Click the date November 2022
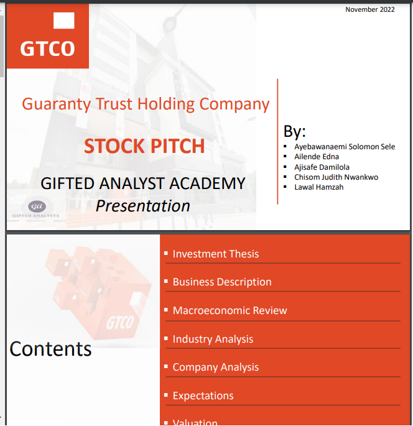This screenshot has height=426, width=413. pos(370,9)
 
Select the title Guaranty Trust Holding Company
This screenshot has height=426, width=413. pos(146,104)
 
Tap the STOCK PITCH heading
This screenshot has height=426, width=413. pos(144,146)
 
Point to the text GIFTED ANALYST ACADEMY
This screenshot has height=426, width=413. pos(143,183)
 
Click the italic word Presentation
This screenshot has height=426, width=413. pos(143,205)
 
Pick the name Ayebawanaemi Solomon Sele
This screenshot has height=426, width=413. pos(345,147)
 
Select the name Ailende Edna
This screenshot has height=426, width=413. pos(317,157)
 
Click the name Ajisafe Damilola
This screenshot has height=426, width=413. pos(322,167)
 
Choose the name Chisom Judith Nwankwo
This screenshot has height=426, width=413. pos(336,177)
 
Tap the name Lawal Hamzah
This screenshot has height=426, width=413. pos(318,187)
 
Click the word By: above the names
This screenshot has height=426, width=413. pos(295,131)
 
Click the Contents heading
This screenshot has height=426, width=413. pos(50,349)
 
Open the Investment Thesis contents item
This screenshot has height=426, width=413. pos(215,254)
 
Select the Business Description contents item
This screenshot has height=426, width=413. pos(222,282)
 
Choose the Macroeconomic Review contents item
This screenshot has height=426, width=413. pos(230,310)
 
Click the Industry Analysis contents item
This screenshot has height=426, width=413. pos(213,339)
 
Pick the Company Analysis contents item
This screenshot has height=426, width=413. pos(215,367)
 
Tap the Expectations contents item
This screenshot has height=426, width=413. pos(203,396)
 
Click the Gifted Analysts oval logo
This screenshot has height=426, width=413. pos(37,206)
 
